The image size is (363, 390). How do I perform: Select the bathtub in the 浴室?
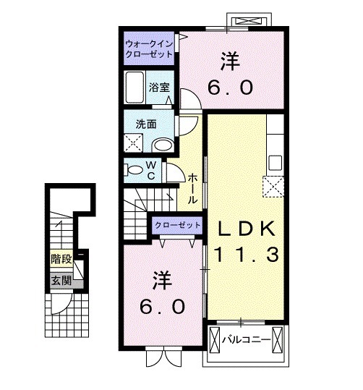136,87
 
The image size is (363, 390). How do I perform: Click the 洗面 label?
147,124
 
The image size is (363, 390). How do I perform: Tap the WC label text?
152,170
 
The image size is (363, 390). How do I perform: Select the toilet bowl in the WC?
133,170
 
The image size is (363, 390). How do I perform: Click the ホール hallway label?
193,187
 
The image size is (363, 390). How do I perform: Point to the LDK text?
246,228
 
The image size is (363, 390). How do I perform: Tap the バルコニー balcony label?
246,339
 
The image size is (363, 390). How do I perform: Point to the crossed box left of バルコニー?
215,339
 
